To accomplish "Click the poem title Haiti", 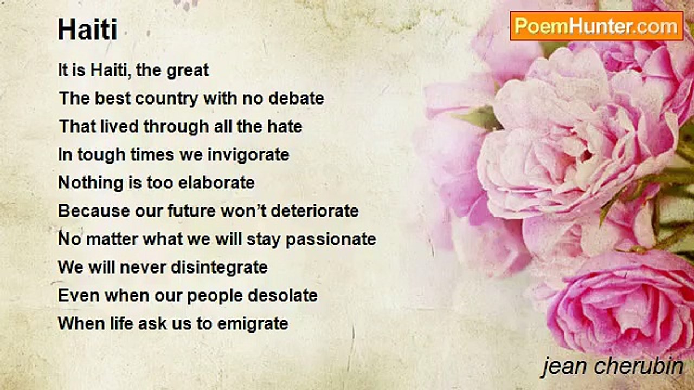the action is click(88, 29).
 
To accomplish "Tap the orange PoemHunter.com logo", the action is click(596, 26).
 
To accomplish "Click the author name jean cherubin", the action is click(612, 367).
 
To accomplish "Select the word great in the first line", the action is click(188, 71).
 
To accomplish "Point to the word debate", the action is click(296, 98).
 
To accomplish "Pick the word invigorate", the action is click(248, 155).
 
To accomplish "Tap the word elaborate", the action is click(216, 183).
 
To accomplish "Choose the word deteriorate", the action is click(315, 211).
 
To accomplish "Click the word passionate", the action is click(331, 239).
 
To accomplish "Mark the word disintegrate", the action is click(220, 268).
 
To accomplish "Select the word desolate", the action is click(282, 295).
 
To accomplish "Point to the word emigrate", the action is click(253, 324).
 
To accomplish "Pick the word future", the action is click(192, 211).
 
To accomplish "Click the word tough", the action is click(101, 155).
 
